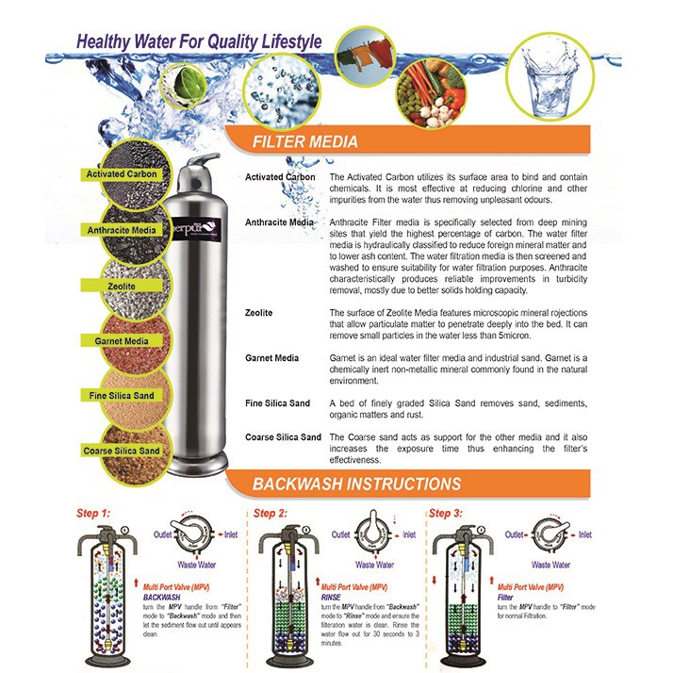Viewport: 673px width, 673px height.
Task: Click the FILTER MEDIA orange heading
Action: (305, 142)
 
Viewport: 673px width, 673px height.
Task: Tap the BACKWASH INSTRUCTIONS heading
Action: (356, 485)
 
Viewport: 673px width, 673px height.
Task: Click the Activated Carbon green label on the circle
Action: (122, 174)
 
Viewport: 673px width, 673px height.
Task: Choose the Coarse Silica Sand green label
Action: (122, 451)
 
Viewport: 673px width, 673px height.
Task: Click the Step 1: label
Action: (92, 514)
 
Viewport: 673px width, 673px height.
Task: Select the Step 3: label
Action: (446, 514)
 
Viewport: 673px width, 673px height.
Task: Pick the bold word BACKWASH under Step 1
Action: (162, 597)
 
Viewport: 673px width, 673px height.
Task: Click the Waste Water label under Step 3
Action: (550, 565)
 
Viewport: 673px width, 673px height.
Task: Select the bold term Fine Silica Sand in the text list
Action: (277, 403)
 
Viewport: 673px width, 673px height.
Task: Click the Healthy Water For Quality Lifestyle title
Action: (199, 42)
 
